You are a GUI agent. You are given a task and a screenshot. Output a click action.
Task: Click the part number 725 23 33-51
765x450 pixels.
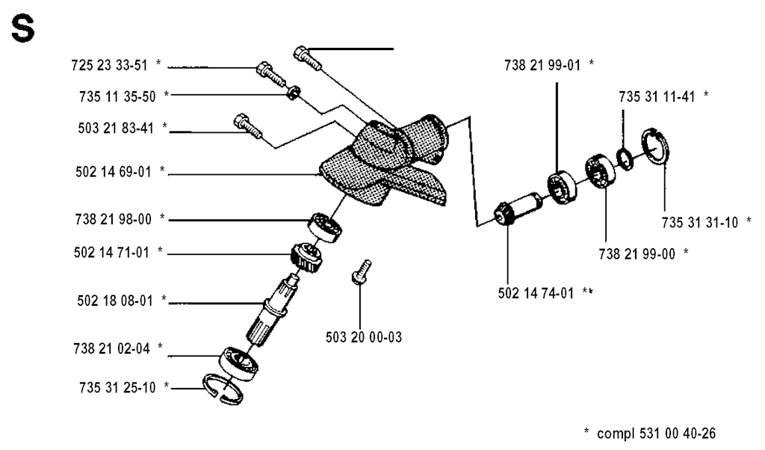point(109,65)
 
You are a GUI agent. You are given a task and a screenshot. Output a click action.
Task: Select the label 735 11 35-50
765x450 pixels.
point(117,96)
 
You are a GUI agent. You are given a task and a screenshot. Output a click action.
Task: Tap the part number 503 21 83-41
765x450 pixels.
point(116,128)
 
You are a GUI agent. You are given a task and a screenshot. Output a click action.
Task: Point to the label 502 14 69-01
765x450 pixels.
point(114,172)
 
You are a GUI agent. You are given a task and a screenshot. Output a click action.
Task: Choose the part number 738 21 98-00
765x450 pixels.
point(114,219)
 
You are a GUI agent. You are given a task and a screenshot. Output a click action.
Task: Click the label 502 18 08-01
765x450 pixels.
point(115,300)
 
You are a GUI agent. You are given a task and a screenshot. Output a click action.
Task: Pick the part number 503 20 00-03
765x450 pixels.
point(364,337)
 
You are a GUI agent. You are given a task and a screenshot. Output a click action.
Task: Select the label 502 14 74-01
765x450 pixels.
point(536,293)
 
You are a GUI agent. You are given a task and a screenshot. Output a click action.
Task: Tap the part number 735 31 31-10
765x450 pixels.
point(700,223)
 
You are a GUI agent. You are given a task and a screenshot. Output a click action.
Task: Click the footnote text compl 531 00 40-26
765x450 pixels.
point(656,433)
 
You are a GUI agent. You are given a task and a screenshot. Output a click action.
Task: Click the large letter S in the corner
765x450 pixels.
point(23,29)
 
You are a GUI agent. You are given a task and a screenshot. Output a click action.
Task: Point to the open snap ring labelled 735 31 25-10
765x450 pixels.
point(223,389)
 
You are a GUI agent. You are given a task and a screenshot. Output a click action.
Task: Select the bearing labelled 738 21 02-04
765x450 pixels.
point(239,363)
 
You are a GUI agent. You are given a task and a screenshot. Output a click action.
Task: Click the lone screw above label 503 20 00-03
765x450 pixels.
point(362,271)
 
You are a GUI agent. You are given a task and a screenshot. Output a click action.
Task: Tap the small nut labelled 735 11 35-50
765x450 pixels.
point(293,91)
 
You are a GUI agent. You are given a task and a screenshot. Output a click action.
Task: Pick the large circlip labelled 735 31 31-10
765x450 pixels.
point(656,147)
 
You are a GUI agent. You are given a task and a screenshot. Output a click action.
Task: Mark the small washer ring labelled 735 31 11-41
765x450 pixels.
point(625,159)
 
